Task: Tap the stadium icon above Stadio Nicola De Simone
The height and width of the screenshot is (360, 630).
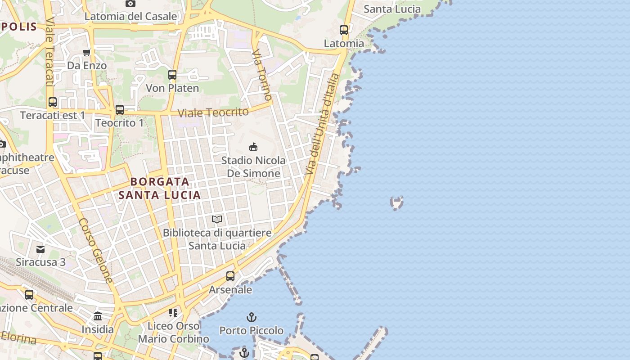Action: [253, 147]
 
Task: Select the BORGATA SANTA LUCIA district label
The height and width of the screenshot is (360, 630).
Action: [160, 189]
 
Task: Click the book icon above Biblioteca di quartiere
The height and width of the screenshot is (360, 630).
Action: [217, 219]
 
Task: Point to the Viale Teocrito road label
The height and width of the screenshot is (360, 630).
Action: [213, 112]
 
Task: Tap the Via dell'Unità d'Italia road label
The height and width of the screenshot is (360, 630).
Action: [321, 125]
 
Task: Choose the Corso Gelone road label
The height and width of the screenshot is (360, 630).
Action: [96, 251]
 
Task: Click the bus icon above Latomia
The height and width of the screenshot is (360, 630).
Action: [344, 30]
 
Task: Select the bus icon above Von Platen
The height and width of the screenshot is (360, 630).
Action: [172, 75]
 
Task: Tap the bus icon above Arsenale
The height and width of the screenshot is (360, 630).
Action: [230, 276]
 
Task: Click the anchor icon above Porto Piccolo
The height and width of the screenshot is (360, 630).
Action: [252, 317]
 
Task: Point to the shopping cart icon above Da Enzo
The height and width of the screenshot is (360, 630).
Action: [87, 52]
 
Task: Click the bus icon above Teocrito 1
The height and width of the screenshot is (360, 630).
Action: [120, 109]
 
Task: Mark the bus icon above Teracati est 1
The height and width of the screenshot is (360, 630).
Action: [53, 102]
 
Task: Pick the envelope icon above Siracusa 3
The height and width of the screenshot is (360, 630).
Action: [40, 249]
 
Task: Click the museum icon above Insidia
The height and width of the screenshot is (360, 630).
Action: [98, 316]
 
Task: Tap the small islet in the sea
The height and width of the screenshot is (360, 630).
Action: [396, 203]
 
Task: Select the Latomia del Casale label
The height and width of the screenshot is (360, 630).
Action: [131, 17]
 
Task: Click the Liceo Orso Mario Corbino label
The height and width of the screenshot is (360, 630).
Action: [174, 332]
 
